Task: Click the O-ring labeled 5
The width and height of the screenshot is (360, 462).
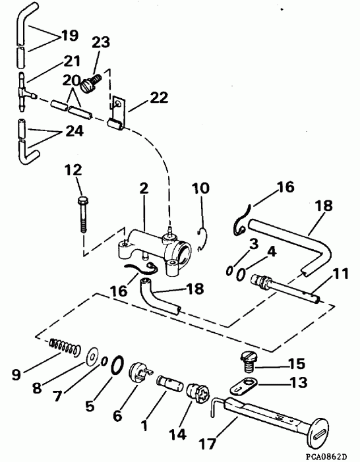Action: click(x=117, y=363)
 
